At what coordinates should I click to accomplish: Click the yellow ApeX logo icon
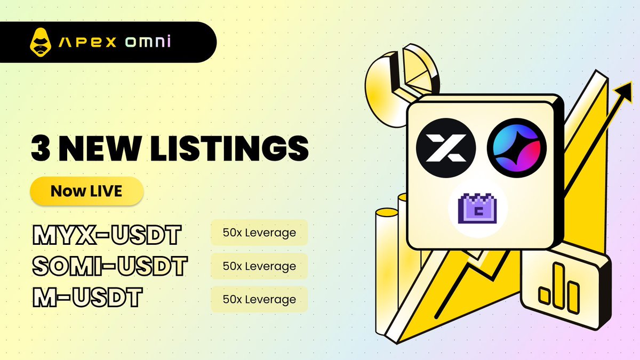[x=41, y=42]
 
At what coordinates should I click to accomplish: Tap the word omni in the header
[x=148, y=42]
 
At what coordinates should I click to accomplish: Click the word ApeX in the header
[x=87, y=42]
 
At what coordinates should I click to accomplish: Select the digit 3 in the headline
[x=41, y=148]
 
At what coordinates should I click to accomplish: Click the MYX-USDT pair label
[x=107, y=235]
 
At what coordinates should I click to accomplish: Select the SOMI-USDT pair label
[x=110, y=266]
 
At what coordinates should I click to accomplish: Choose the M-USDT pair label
[x=87, y=297]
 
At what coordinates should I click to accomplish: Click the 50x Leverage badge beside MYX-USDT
[x=259, y=233]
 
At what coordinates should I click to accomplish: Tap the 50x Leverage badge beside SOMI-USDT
[x=259, y=266]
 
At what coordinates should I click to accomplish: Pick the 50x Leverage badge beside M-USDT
[x=259, y=299]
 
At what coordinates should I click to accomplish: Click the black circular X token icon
[x=446, y=148]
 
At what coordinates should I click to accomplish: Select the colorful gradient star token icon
[x=517, y=148]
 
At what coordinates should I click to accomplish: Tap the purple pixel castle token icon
[x=477, y=209]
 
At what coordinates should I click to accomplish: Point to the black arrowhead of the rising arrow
[x=624, y=92]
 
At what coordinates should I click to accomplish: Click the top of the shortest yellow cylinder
[x=387, y=213]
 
